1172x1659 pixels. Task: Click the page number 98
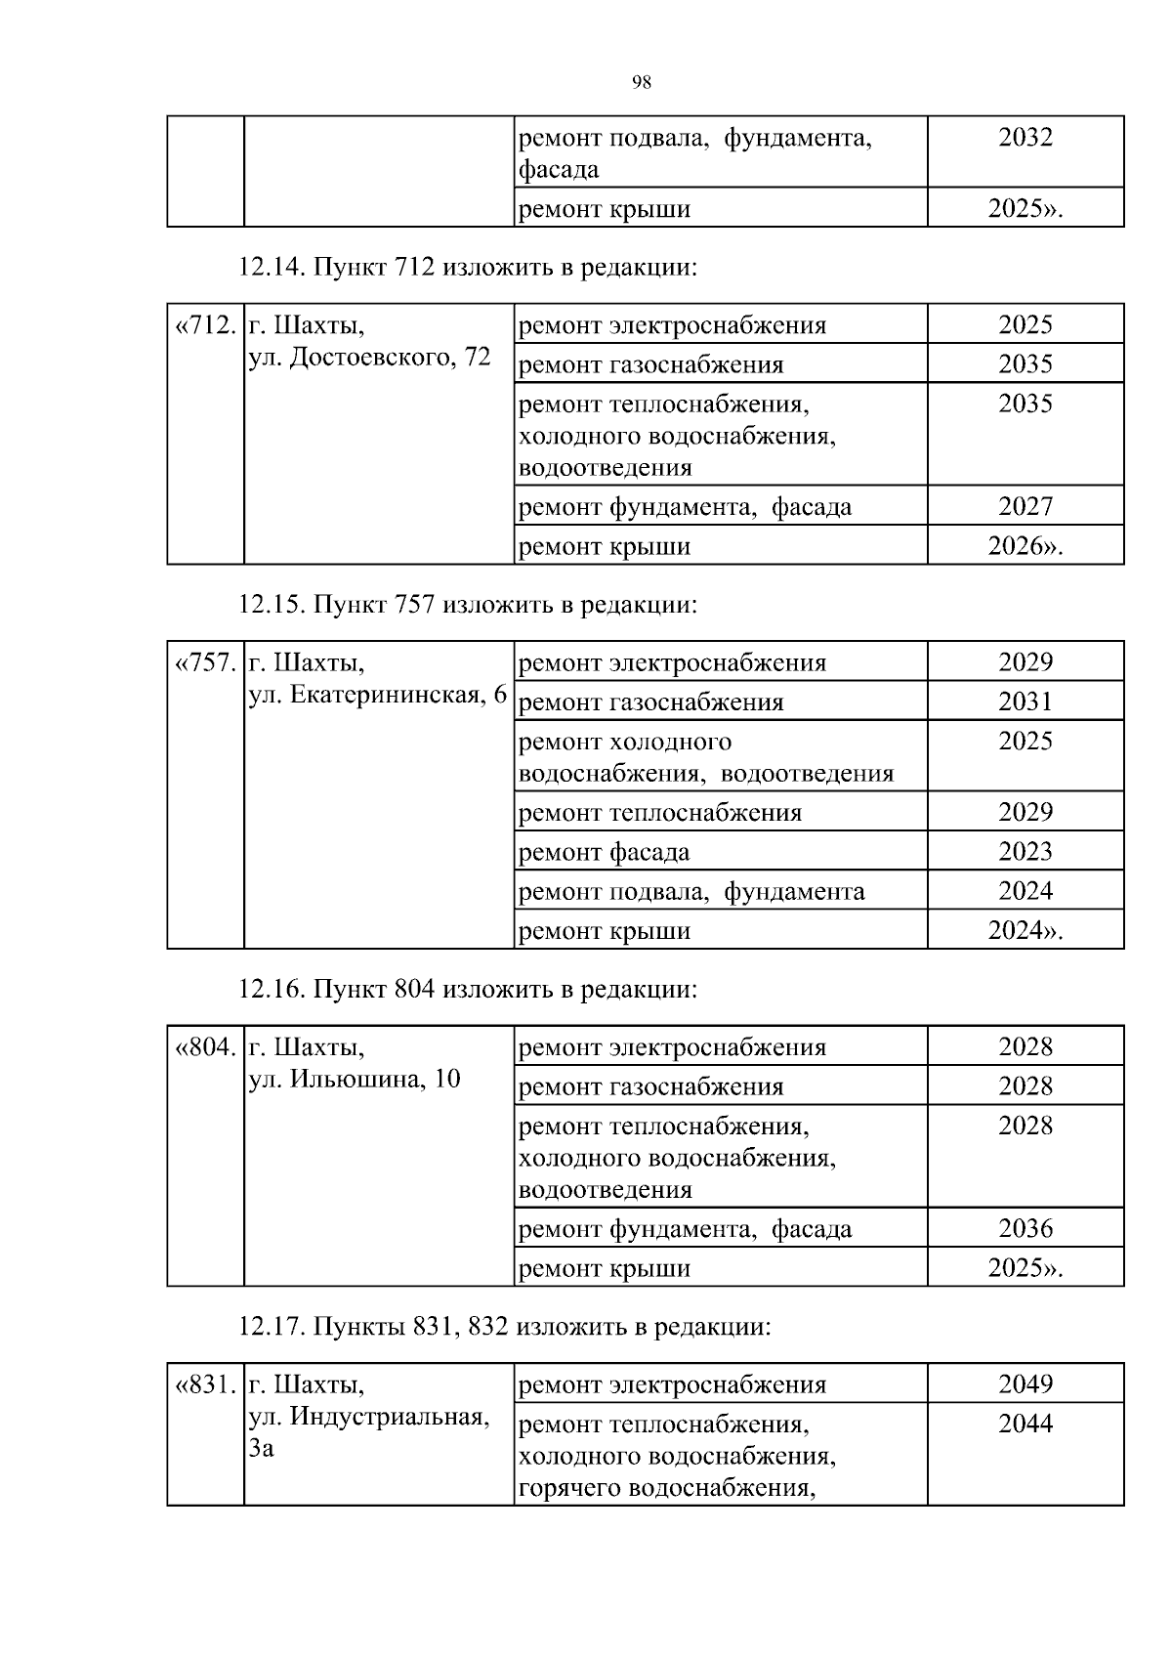tap(642, 83)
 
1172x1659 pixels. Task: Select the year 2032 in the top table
tap(1025, 138)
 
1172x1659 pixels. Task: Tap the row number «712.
tap(205, 325)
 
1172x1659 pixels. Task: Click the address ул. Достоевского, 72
tap(369, 358)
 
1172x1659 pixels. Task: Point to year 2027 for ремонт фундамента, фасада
tap(1025, 506)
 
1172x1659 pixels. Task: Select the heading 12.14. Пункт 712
tap(469, 267)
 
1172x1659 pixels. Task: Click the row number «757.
tap(205, 663)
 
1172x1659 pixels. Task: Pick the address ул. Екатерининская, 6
tap(378, 695)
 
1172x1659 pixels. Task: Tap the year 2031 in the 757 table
tap(1025, 702)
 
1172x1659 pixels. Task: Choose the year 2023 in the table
tap(1025, 852)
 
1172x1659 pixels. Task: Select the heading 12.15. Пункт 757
tap(469, 605)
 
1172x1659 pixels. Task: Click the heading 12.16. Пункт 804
tap(469, 990)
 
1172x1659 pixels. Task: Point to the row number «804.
tap(205, 1048)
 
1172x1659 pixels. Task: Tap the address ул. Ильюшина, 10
tap(355, 1080)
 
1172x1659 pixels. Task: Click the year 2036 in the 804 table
tap(1025, 1228)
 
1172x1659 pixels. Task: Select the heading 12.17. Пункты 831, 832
tap(505, 1327)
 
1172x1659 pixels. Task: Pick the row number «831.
tap(205, 1385)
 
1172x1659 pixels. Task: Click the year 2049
tap(1025, 1384)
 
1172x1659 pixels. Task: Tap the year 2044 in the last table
tap(1025, 1425)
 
